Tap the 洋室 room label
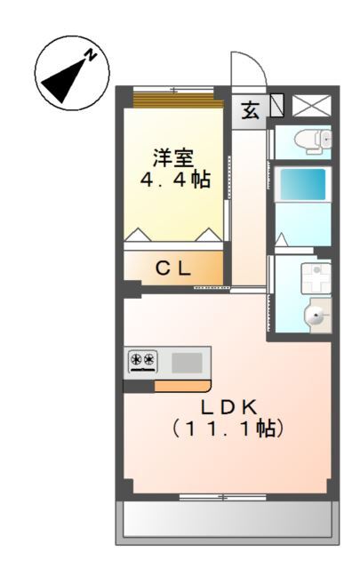(172, 157)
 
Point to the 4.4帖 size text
(174, 180)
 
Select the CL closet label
(173, 267)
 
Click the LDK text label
(228, 406)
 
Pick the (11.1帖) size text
(228, 428)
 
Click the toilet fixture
(314, 139)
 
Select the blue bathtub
(303, 185)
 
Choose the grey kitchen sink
(187, 362)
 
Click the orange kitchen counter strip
(181, 386)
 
